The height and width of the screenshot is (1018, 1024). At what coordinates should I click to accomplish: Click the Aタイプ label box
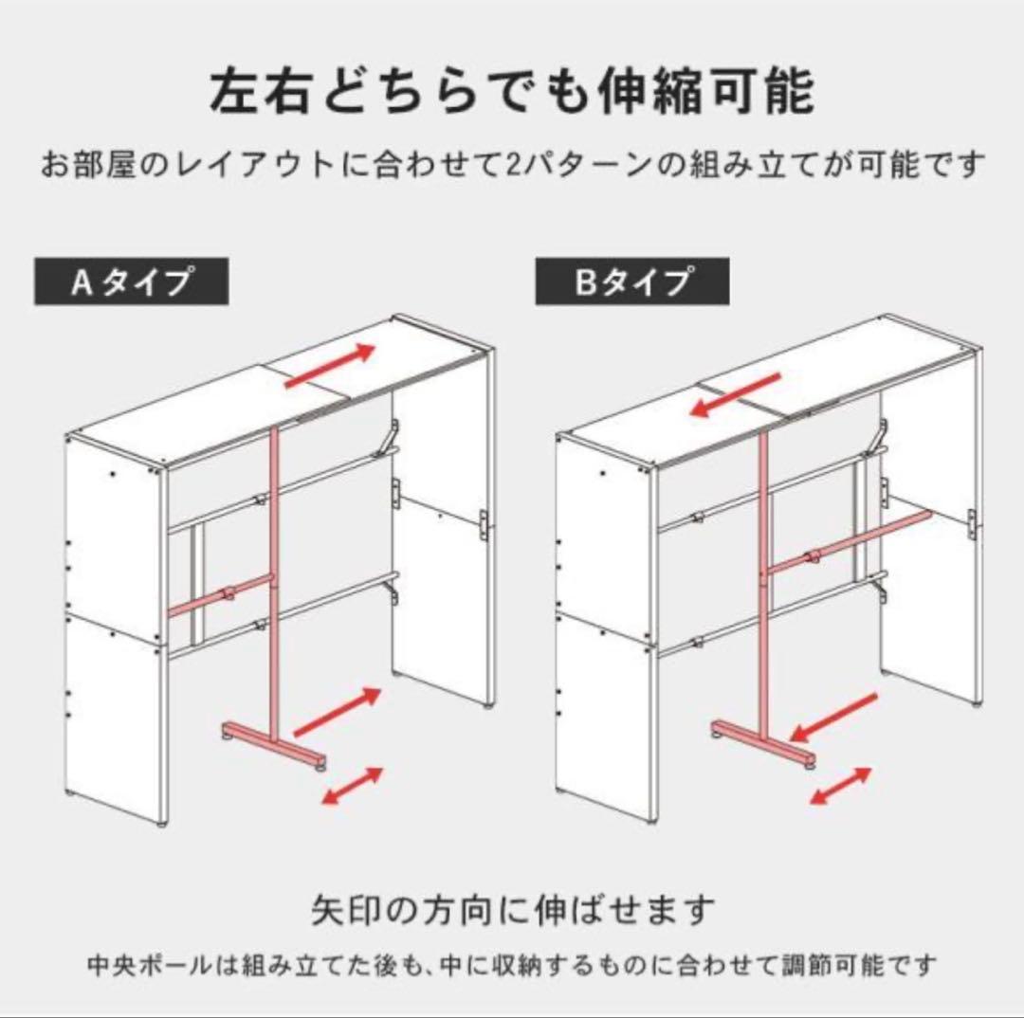(131, 282)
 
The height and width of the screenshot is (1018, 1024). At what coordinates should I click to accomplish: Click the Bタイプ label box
(631, 282)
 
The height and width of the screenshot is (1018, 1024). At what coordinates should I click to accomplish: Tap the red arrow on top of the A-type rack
(328, 364)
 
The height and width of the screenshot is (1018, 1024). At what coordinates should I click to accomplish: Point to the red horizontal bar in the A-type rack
(220, 594)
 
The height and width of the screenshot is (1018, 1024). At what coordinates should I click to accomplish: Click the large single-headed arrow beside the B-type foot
(835, 717)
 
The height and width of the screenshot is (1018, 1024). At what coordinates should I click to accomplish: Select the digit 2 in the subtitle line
(505, 168)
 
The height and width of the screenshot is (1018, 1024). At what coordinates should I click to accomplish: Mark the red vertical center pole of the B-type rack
(763, 569)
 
